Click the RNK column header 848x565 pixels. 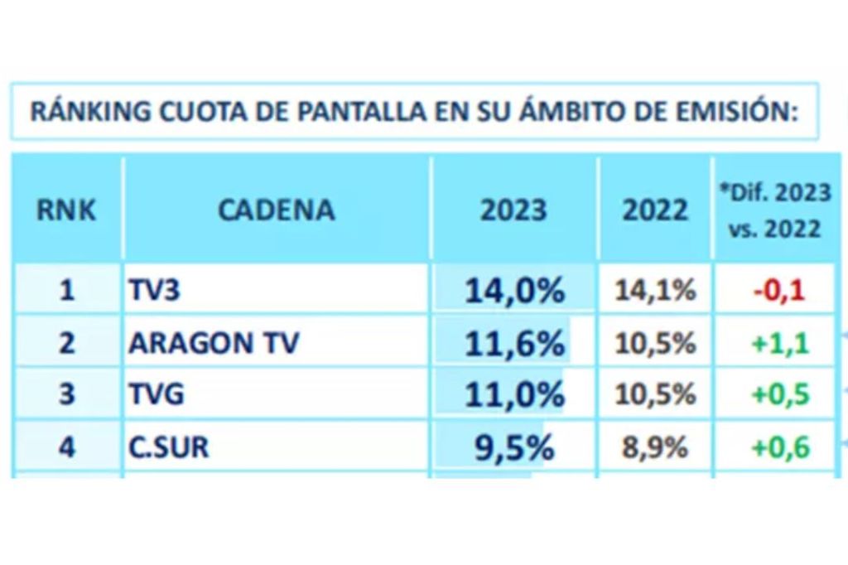pyautogui.click(x=66, y=210)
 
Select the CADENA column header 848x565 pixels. pyautogui.click(x=277, y=210)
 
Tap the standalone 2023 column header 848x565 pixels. pyautogui.click(x=513, y=210)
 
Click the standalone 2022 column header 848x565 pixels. pyautogui.click(x=655, y=210)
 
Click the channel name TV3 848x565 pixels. pyautogui.click(x=154, y=291)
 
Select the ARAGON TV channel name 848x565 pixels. pyautogui.click(x=213, y=343)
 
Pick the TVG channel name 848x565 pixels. pyautogui.click(x=156, y=395)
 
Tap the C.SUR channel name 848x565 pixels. pyautogui.click(x=169, y=447)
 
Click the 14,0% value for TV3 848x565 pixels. pyautogui.click(x=514, y=291)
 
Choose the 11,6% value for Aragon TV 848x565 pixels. pyautogui.click(x=514, y=343)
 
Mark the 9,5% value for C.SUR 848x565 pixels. pyautogui.click(x=514, y=447)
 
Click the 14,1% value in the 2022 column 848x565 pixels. pyautogui.click(x=655, y=291)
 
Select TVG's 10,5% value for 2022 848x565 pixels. pyautogui.click(x=655, y=395)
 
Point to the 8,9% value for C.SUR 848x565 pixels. pyautogui.click(x=655, y=448)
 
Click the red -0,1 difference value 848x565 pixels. pyautogui.click(x=779, y=291)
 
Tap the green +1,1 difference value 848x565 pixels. pyautogui.click(x=779, y=343)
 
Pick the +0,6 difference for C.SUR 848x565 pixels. pyautogui.click(x=779, y=447)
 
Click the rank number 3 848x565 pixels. pyautogui.click(x=67, y=395)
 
